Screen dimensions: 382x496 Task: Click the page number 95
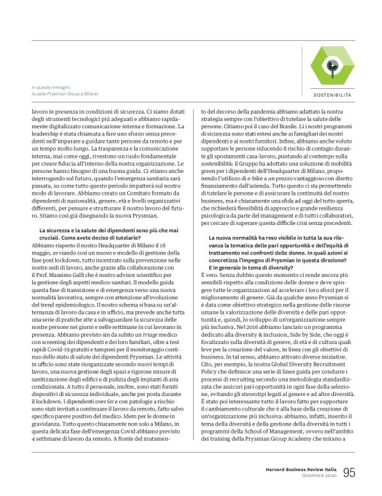click(349, 472)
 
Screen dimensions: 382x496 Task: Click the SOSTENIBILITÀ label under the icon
click(333, 95)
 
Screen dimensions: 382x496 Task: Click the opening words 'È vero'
click(209, 291)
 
